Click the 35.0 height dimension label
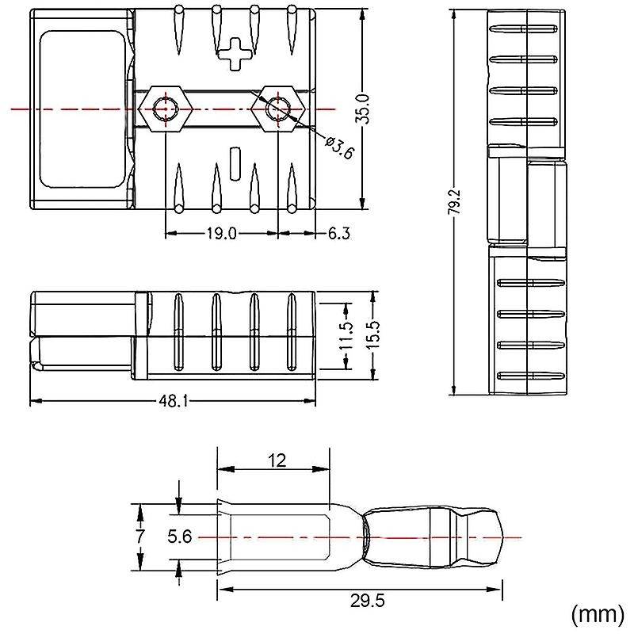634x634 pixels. coord(362,109)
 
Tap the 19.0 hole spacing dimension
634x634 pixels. coord(221,234)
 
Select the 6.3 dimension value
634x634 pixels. coord(338,234)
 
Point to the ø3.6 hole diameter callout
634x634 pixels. coord(340,147)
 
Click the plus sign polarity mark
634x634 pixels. coord(233,54)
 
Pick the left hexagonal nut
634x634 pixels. coord(166,109)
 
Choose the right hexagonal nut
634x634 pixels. coord(278,109)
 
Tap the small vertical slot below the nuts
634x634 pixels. coord(235,164)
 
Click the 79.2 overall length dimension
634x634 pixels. coord(456,201)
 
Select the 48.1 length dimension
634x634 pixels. coord(173,401)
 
